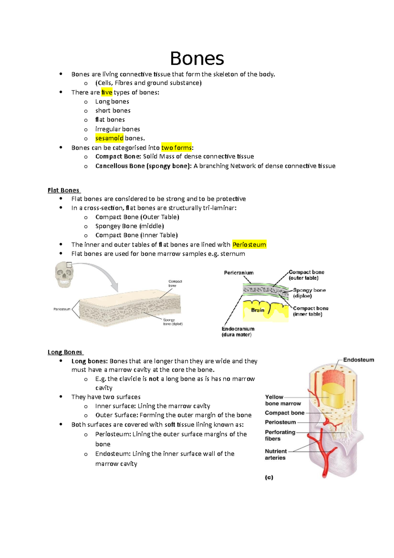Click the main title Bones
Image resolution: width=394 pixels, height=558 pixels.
(197, 59)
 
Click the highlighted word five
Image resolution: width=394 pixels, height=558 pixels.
(107, 92)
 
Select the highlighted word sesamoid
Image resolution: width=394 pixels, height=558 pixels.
(109, 138)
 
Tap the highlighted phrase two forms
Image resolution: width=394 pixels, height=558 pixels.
(176, 148)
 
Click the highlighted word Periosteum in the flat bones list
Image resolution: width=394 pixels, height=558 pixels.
(249, 244)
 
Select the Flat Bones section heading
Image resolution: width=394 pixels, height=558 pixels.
(64, 190)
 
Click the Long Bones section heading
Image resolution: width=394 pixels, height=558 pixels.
(65, 352)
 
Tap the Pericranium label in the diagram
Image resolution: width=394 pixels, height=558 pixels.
(239, 273)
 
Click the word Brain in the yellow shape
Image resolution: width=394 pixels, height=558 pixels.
(258, 310)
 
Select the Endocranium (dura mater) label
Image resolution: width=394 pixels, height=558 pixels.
(238, 332)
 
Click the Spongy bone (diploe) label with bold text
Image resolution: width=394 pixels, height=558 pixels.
(309, 293)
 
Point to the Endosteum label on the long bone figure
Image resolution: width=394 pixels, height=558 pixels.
(359, 360)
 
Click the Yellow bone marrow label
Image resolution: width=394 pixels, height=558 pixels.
(283, 400)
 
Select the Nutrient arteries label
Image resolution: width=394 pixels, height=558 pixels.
(275, 454)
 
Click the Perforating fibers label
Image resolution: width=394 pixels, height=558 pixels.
(280, 435)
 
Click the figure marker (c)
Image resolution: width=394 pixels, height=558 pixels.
(269, 477)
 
